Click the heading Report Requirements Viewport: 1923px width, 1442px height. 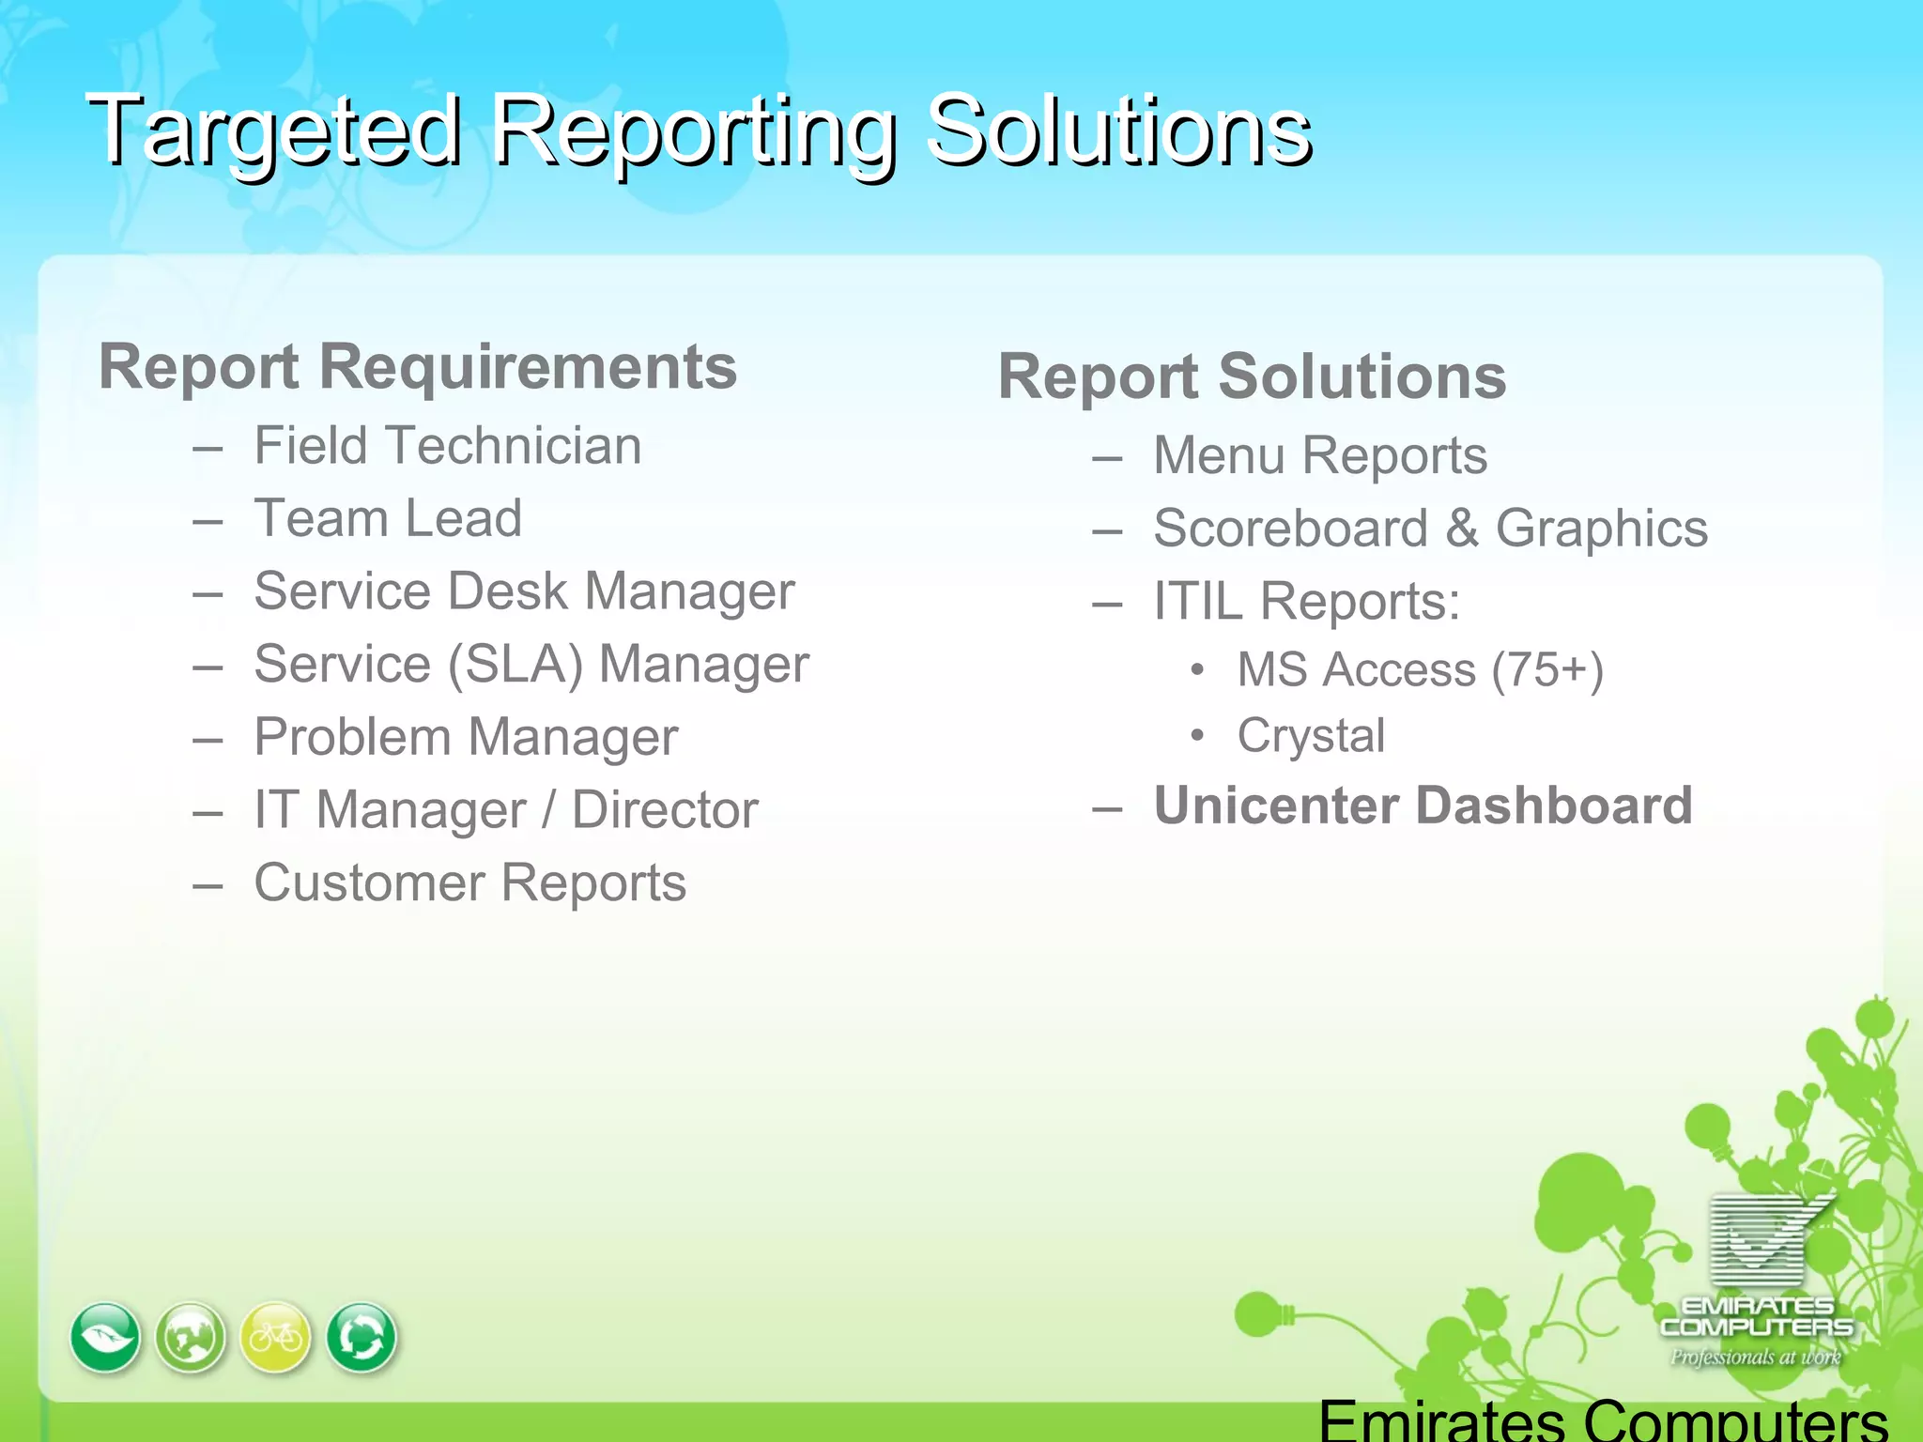pyautogui.click(x=418, y=366)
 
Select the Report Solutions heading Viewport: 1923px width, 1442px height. pyautogui.click(x=1252, y=376)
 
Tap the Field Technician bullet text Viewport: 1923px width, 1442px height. pyautogui.click(x=448, y=445)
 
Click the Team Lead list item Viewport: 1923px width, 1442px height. pyautogui.click(x=388, y=518)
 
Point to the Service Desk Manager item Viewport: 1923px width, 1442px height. pyautogui.click(x=524, y=591)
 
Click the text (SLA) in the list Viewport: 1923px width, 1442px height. pyautogui.click(x=515, y=665)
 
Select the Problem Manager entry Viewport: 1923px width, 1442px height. pyautogui.click(x=466, y=737)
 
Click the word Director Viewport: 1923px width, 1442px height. pyautogui.click(x=665, y=809)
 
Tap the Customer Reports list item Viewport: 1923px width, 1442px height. pyautogui.click(x=469, y=882)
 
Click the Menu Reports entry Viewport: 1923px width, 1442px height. pyautogui.click(x=1319, y=455)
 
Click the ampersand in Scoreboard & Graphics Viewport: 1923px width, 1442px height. pyautogui.click(x=1462, y=529)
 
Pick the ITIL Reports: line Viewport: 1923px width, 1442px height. pyautogui.click(x=1306, y=601)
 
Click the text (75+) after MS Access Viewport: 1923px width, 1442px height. pyautogui.click(x=1547, y=670)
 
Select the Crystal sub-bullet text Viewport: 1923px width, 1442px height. pyautogui.click(x=1311, y=735)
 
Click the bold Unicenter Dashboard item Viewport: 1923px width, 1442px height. pyautogui.click(x=1423, y=805)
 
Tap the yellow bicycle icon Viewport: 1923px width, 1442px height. pyautogui.click(x=275, y=1337)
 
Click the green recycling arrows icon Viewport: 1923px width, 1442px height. pyautogui.click(x=362, y=1337)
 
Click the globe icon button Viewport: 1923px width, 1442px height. pyautogui.click(x=191, y=1337)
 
